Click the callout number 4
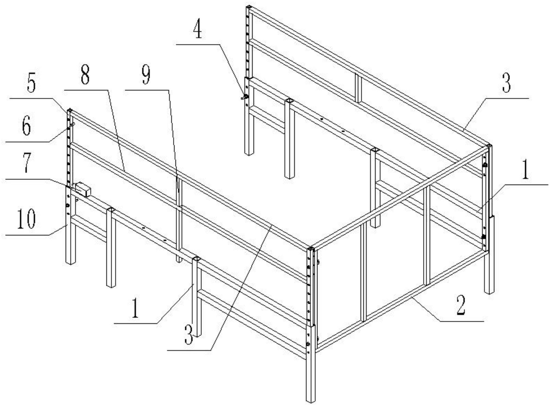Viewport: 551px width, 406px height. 197,30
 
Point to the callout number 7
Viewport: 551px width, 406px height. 26,164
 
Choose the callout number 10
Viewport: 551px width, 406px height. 26,219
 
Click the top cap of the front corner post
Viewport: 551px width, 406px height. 310,248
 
